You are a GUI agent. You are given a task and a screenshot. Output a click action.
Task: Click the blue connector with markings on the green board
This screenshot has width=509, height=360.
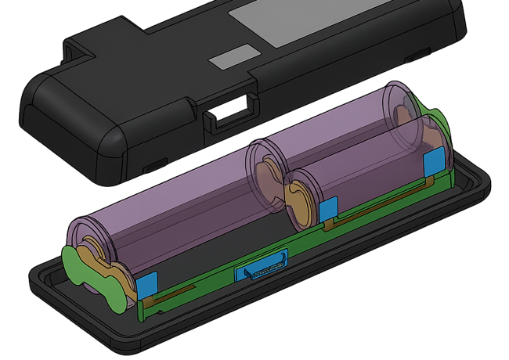pos(262,266)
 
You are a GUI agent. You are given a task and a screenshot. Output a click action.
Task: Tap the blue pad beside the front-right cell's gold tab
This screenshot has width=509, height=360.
pos(328,211)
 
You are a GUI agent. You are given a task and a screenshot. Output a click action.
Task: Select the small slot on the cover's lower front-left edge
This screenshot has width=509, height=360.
pos(153,165)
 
